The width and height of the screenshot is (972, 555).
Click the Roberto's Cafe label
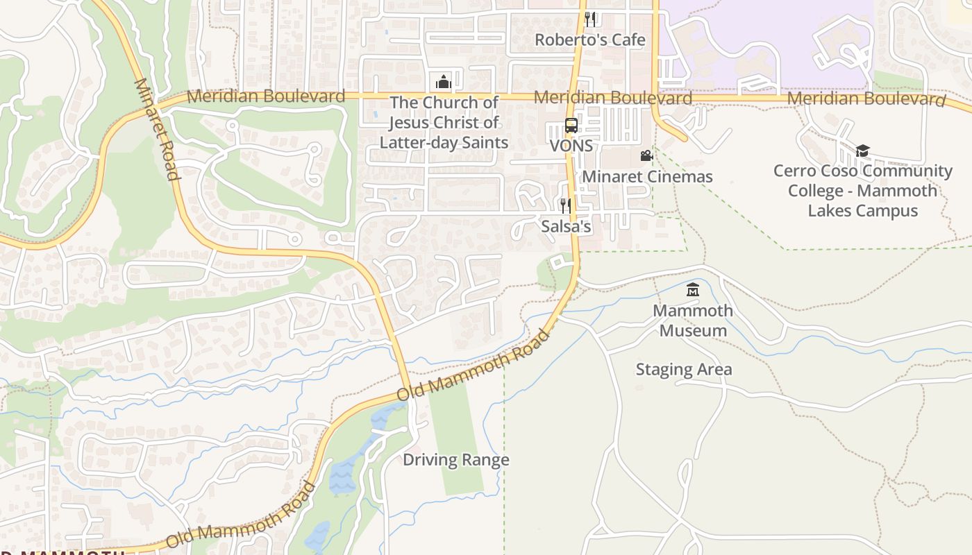[x=589, y=40]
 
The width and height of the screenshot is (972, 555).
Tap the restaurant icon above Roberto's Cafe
[x=589, y=19]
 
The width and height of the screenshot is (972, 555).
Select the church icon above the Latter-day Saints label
[x=444, y=82]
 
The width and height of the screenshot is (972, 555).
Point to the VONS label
[x=571, y=146]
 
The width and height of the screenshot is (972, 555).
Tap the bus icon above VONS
[x=571, y=126]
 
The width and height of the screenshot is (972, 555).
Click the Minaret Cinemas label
[x=647, y=177]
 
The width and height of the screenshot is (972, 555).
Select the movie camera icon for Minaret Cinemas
[x=646, y=156]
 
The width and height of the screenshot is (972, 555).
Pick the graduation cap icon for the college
[x=862, y=151]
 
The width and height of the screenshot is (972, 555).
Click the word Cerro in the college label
[x=796, y=171]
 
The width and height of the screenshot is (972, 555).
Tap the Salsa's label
[x=566, y=226]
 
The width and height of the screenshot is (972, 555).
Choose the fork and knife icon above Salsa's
[x=566, y=205]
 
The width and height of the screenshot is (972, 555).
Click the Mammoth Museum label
[x=693, y=321]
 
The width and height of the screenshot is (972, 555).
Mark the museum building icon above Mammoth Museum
[x=693, y=290]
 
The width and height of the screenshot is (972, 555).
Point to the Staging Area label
[x=684, y=369]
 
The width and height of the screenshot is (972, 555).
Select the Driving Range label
[x=456, y=460]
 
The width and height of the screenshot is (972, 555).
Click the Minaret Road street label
[x=157, y=129]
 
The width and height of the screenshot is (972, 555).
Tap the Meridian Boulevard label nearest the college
[x=866, y=99]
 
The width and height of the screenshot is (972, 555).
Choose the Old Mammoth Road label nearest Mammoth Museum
[x=474, y=366]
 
